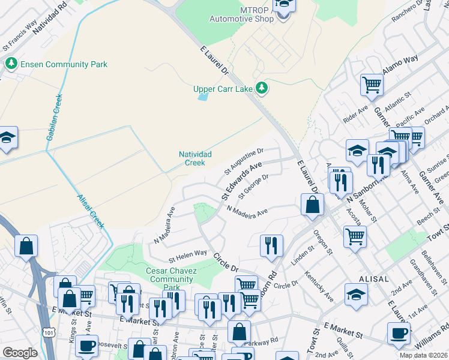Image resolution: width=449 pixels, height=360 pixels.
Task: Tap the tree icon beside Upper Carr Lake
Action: point(262,89)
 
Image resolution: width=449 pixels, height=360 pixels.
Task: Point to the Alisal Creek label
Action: point(91,210)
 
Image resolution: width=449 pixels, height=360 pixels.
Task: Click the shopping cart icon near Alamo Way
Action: point(372,85)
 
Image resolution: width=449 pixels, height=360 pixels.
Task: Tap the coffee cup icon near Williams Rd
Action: point(398,334)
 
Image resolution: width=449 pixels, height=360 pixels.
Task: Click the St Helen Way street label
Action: point(187,257)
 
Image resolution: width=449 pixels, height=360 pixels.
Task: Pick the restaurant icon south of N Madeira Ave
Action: point(271,246)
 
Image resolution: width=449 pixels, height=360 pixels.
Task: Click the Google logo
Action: point(20,353)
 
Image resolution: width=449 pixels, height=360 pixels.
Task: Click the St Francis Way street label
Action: point(20,37)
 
